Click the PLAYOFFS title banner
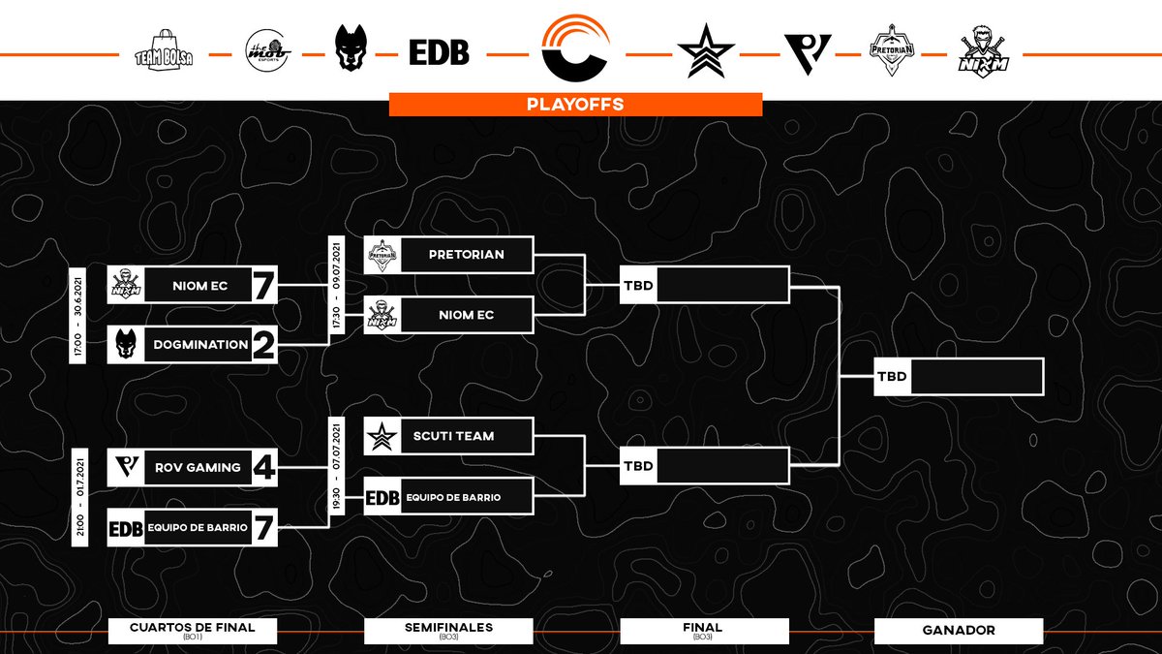point(575,104)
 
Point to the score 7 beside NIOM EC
point(263,286)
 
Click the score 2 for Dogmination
point(263,346)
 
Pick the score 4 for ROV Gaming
point(263,468)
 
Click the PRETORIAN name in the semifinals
point(467,255)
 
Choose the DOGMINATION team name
point(198,345)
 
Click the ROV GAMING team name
point(198,468)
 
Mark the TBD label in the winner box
point(892,377)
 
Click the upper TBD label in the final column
point(638,286)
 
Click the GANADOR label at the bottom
point(958,631)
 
